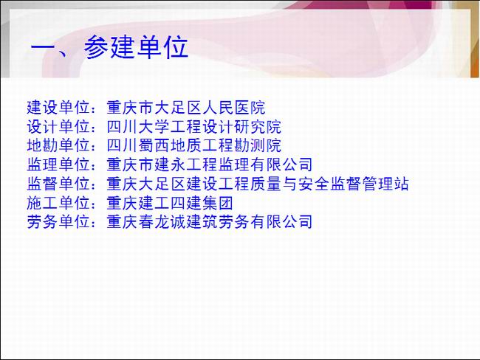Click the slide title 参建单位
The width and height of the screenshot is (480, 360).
tap(136, 47)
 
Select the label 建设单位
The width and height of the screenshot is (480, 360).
tap(58, 108)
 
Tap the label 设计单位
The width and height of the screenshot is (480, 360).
tap(58, 127)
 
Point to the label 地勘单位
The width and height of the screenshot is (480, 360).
tap(58, 145)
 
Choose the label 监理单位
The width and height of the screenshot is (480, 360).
tap(58, 165)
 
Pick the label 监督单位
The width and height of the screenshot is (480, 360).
tap(58, 184)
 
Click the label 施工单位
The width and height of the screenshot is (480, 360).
tap(58, 203)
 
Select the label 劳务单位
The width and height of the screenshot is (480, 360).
tap(58, 222)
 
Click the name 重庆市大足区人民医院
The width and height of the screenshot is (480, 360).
tap(186, 108)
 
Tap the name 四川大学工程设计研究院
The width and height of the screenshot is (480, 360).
tap(193, 127)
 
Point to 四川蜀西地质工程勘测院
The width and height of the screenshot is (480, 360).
tap(193, 145)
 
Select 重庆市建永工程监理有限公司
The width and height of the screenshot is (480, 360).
tap(210, 165)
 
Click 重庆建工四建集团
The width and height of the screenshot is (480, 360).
tap(170, 203)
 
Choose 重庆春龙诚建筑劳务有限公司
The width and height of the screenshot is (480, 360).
tap(210, 222)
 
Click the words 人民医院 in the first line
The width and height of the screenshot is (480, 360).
tap(233, 108)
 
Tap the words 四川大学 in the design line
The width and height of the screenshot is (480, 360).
tap(138, 127)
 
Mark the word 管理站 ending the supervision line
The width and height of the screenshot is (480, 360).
tap(385, 184)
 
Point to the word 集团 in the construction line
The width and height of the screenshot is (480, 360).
tap(218, 203)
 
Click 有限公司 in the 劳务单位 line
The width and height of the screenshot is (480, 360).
tap(281, 222)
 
